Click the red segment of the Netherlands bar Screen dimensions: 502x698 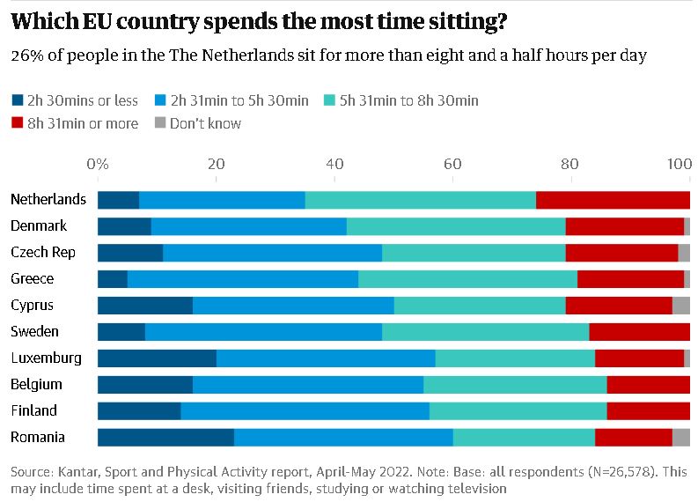[x=613, y=199]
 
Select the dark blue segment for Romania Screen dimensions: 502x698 [x=165, y=437]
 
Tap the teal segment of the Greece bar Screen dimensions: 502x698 [x=467, y=278]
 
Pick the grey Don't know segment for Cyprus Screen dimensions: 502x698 [x=680, y=305]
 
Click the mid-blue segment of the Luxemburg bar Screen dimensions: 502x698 [x=326, y=358]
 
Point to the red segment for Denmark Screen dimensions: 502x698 [x=624, y=225]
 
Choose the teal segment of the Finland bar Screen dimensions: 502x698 [x=518, y=410]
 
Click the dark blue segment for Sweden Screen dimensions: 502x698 [x=121, y=331]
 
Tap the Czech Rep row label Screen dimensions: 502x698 [x=43, y=252]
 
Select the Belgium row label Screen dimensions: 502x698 [x=36, y=384]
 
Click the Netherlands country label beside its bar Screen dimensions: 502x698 [x=48, y=199]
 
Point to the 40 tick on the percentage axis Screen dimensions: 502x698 [x=334, y=164]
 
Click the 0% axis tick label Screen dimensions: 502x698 [x=98, y=164]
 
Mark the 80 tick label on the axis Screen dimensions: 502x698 [x=570, y=164]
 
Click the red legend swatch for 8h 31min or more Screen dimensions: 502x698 [x=18, y=123]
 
